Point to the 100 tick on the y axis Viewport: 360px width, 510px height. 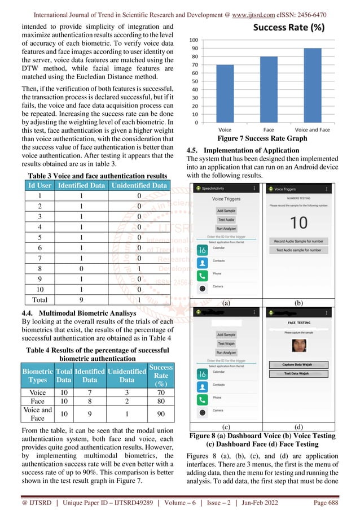click(193, 40)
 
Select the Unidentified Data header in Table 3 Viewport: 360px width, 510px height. click(139, 185)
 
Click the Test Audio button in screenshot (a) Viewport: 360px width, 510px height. click(226, 219)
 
